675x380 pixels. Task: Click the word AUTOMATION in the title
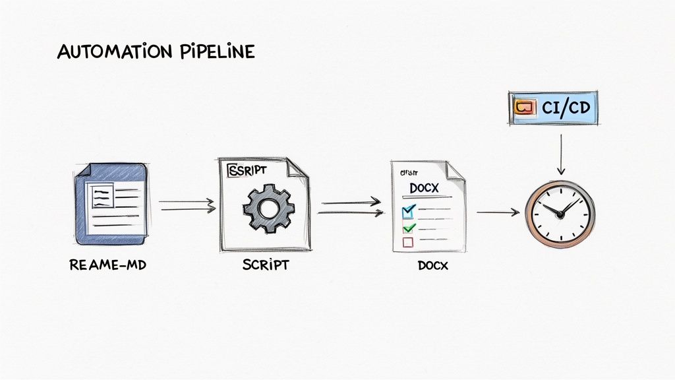105,52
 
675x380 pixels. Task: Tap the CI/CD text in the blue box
568,108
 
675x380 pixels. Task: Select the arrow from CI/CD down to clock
560,155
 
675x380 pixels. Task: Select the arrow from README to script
187,206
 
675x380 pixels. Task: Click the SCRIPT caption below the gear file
265,267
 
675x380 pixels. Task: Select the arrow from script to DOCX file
351,208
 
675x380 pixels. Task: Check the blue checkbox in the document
408,211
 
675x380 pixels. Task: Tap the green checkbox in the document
408,228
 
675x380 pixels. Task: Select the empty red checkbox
407,242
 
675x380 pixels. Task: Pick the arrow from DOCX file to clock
498,212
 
